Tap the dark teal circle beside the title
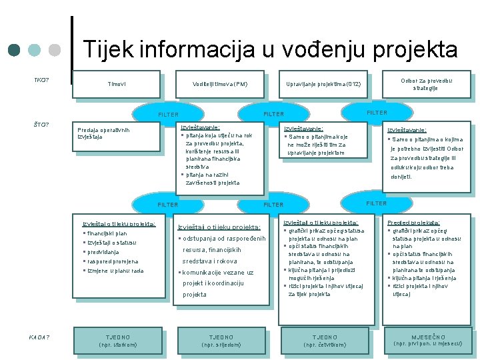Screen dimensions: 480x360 tap(15, 51)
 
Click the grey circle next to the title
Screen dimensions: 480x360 tap(55, 51)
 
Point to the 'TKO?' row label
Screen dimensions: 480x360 tap(41, 81)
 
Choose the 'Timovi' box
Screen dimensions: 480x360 tap(117, 84)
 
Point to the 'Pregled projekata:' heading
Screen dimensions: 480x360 tap(414, 222)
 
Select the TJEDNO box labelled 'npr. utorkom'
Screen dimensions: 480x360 tap(118, 340)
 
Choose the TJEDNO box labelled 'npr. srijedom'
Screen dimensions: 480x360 tap(221, 340)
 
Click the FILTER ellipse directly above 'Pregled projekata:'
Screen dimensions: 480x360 tap(376, 203)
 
